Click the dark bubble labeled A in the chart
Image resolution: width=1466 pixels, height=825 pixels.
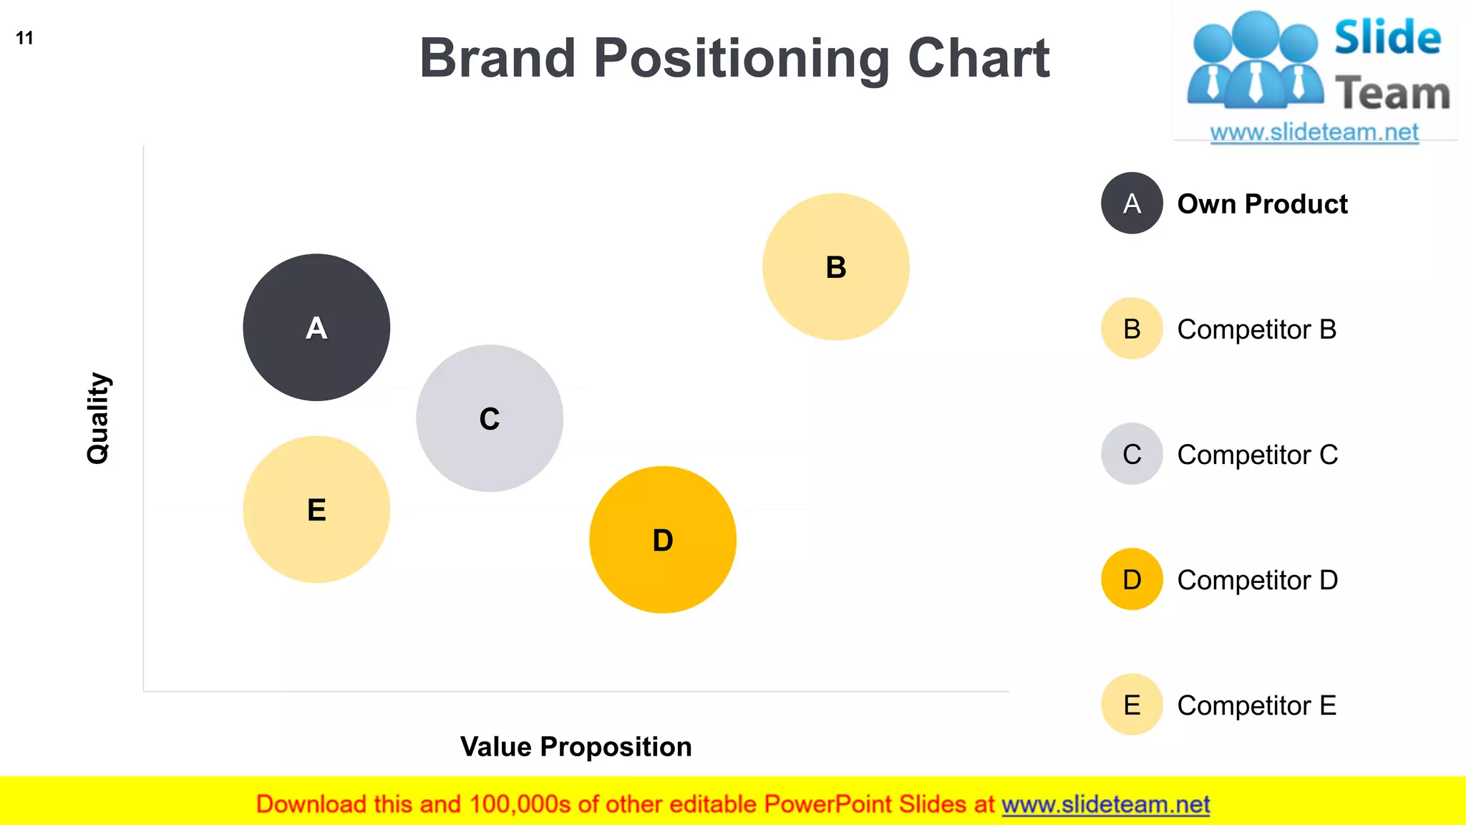316,327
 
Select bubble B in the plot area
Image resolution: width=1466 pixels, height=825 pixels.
835,266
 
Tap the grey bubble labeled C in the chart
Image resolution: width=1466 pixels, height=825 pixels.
490,418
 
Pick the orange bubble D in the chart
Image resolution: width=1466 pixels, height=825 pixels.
663,539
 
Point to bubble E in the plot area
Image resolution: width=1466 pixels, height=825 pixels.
316,509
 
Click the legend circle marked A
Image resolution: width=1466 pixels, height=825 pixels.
1132,203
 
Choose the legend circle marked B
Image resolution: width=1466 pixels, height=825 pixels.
1132,329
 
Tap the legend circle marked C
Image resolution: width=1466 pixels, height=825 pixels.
1132,454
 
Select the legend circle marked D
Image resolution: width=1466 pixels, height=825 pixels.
1132,579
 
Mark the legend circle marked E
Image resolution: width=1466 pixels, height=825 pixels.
1132,705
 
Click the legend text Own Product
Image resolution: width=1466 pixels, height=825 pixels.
1262,204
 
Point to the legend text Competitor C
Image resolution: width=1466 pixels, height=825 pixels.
1257,455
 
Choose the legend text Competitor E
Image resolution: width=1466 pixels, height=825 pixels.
1256,705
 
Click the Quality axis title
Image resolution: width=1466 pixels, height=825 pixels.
98,418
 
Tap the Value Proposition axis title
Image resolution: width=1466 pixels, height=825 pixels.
576,746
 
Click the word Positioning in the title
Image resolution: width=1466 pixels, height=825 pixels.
742,59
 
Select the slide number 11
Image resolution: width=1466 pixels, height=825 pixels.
24,38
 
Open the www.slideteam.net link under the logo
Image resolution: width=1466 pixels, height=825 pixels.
1314,132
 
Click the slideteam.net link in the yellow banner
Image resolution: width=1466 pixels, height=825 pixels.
1105,804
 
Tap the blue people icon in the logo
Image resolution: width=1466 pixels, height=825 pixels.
1254,61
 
